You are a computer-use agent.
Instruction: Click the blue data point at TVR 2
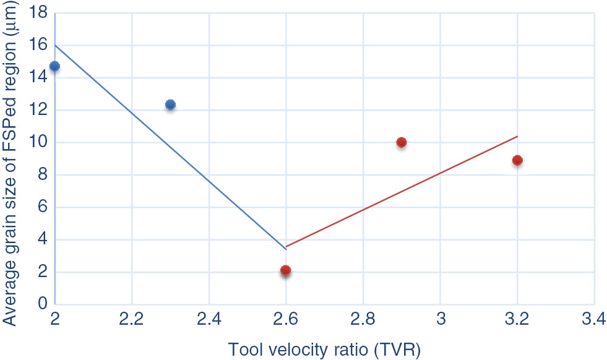pyautogui.click(x=54, y=66)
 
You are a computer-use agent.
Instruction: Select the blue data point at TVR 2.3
pyautogui.click(x=170, y=105)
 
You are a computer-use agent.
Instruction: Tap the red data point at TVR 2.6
pyautogui.click(x=285, y=270)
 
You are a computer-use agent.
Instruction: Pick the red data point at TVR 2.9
pyautogui.click(x=401, y=142)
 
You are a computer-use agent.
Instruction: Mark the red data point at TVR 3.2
pyautogui.click(x=517, y=160)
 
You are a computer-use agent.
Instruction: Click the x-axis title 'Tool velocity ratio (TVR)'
pyautogui.click(x=325, y=350)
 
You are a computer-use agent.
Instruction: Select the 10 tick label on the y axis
pyautogui.click(x=38, y=143)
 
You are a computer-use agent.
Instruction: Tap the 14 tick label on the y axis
pyautogui.click(x=38, y=78)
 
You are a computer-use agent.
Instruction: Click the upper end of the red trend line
pyautogui.click(x=517, y=137)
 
